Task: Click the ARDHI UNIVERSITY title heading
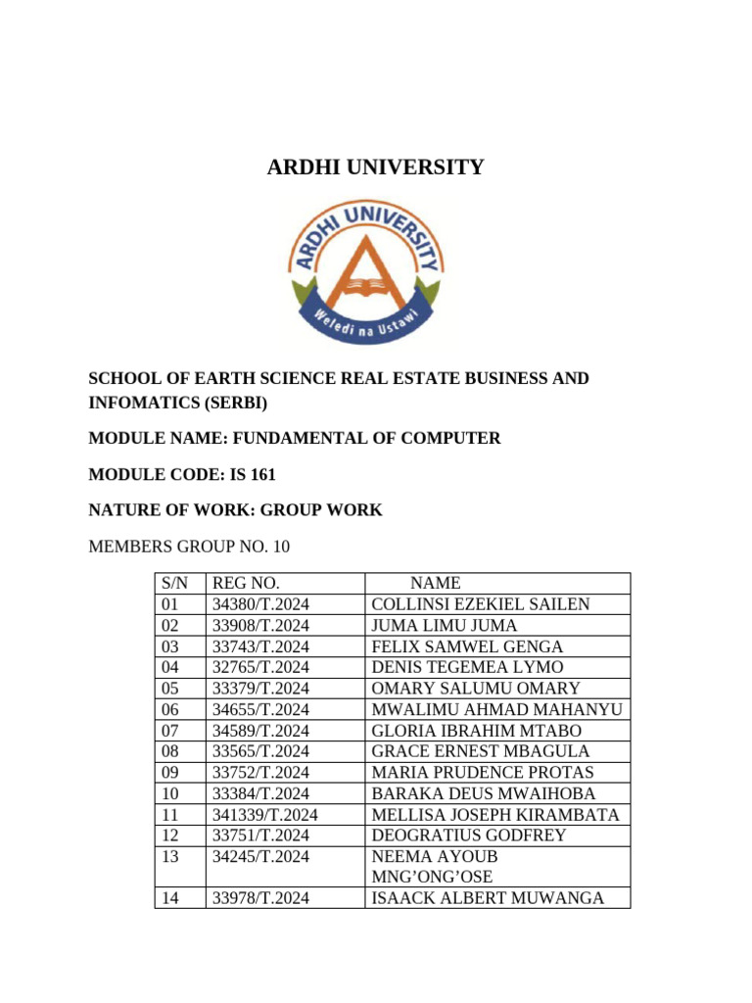click(375, 167)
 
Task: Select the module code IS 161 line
click(182, 475)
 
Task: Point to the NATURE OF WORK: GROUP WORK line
click(235, 510)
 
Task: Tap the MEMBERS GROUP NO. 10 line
click(189, 546)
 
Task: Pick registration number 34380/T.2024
click(260, 604)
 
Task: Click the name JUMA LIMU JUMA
click(445, 626)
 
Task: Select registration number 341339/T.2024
click(264, 814)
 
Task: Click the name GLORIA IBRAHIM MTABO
click(477, 731)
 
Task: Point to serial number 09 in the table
click(171, 772)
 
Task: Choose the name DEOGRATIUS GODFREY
click(469, 835)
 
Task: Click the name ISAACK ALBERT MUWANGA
click(488, 897)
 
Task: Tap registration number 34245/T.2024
click(260, 856)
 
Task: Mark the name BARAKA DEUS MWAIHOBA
click(484, 793)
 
